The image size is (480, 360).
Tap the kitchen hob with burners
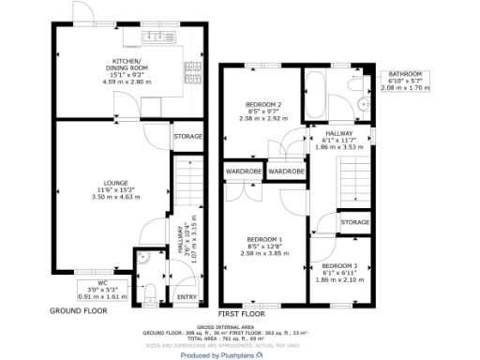pyautogui.click(x=194, y=68)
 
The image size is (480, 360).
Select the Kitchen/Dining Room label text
pyautogui.click(x=125, y=67)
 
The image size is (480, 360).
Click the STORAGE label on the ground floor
pyautogui.click(x=187, y=137)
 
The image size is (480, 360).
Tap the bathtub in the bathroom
pyautogui.click(x=320, y=95)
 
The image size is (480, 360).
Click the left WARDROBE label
pyautogui.click(x=242, y=172)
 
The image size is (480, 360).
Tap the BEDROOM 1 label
pyautogui.click(x=259, y=237)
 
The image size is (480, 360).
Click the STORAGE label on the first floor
pyautogui.click(x=354, y=222)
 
